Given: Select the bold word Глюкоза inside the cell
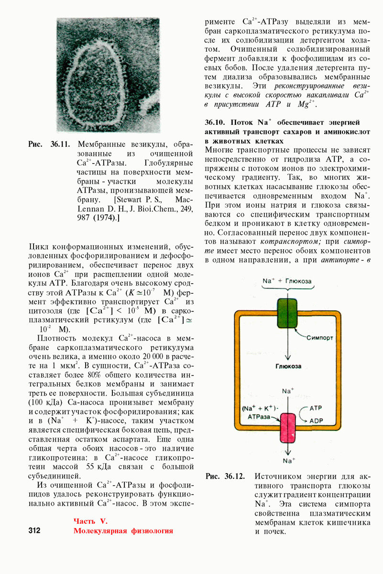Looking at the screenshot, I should [x=288, y=366].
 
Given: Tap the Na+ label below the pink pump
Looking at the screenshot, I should [x=288, y=461].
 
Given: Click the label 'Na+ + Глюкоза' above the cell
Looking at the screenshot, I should [x=287, y=281].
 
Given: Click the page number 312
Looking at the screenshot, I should [x=34, y=530].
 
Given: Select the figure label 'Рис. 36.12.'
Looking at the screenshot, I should [x=225, y=476].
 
